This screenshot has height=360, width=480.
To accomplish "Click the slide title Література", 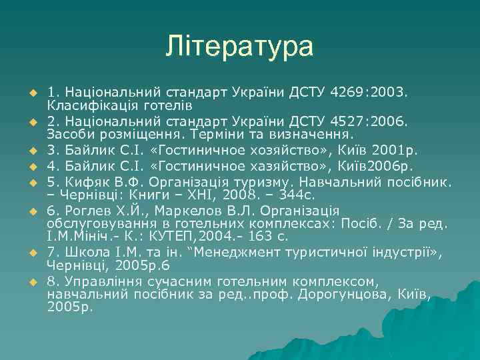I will click(x=240, y=46).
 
